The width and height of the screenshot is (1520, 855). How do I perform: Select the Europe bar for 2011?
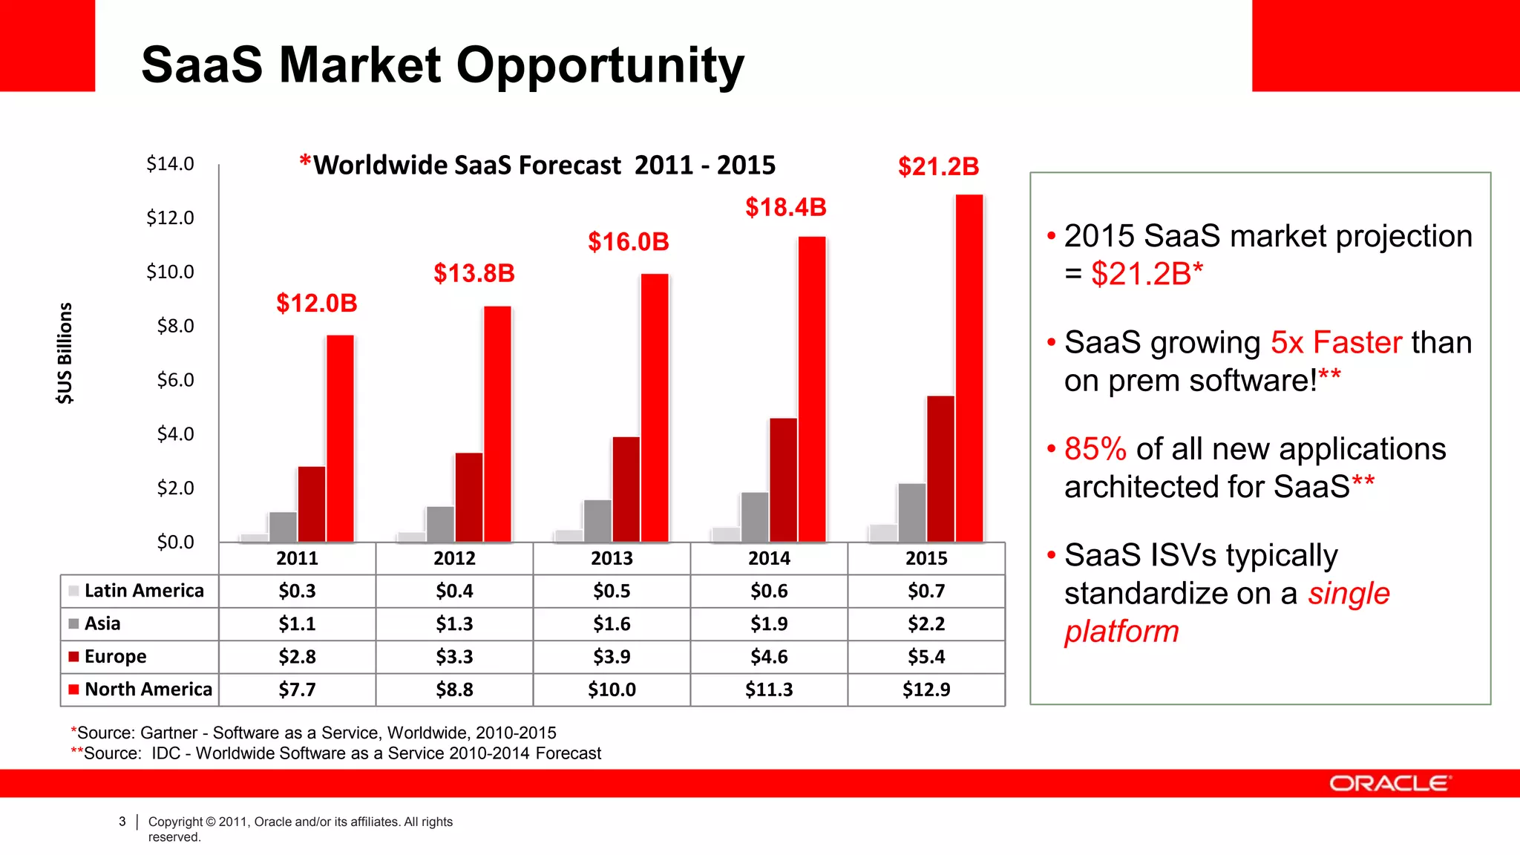tap(312, 504)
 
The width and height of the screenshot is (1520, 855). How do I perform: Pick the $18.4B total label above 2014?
tap(785, 208)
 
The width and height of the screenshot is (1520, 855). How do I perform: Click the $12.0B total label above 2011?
tap(317, 304)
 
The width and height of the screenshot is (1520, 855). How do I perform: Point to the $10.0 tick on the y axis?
tap(170, 272)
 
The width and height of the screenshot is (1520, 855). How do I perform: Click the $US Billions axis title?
tap(65, 353)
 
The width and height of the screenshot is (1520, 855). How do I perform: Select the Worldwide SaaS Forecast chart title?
tap(537, 165)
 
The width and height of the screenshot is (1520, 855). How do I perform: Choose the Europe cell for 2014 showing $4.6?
tap(769, 657)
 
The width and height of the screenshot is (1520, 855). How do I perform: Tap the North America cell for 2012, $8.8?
tap(454, 689)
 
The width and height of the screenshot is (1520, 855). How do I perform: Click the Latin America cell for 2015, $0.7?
tap(926, 592)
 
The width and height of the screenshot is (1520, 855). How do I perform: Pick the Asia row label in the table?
tap(102, 624)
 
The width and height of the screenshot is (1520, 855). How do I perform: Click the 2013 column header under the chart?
tap(612, 558)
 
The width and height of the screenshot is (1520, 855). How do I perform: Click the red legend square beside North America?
tap(73, 689)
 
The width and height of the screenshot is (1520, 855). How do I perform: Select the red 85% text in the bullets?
tap(1095, 449)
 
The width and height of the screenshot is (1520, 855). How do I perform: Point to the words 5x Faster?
tap(1336, 343)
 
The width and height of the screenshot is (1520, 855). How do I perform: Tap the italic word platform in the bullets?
tap(1121, 632)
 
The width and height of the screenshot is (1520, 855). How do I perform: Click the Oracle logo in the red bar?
tap(1389, 784)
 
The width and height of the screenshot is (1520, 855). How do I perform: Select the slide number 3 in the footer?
tap(122, 822)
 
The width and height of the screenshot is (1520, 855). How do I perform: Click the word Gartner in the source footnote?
tap(168, 733)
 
